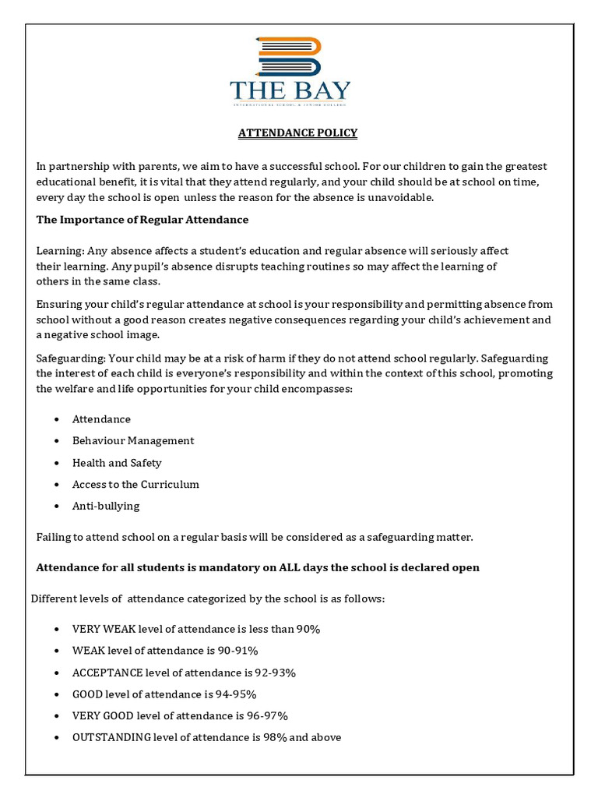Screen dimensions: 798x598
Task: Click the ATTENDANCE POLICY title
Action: pyautogui.click(x=297, y=133)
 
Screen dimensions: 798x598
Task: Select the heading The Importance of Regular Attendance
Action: pyautogui.click(x=142, y=220)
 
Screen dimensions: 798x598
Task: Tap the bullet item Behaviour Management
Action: pyautogui.click(x=133, y=441)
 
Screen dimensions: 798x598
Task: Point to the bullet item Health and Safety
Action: pyautogui.click(x=117, y=463)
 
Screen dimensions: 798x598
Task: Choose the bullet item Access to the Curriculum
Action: pyautogui.click(x=135, y=485)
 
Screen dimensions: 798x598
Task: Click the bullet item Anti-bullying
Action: pyautogui.click(x=106, y=507)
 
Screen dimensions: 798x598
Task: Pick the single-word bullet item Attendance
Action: pyautogui.click(x=101, y=419)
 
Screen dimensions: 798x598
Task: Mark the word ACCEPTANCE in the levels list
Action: pyautogui.click(x=107, y=673)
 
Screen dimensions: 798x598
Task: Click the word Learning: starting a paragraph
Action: pyautogui.click(x=60, y=251)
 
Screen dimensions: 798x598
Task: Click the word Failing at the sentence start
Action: pyautogui.click(x=54, y=538)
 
